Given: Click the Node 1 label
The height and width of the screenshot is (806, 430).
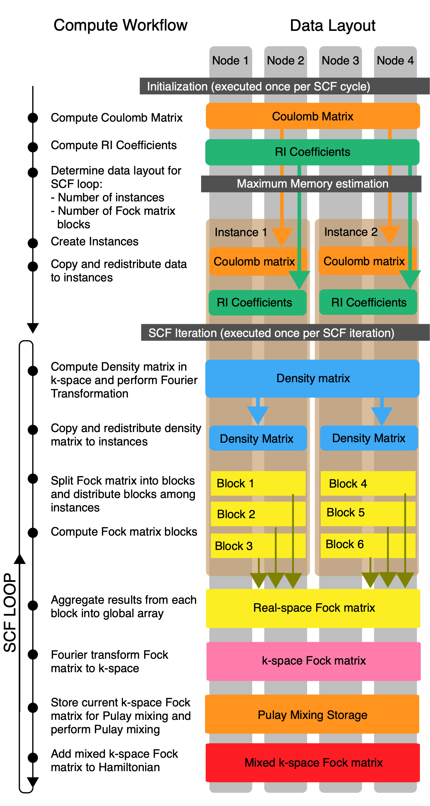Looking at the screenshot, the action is (x=230, y=60).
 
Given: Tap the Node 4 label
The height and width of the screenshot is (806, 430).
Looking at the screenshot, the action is (x=395, y=60).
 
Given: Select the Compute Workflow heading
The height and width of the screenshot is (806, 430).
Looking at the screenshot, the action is (x=120, y=25).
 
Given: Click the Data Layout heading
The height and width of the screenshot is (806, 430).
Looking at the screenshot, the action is (x=333, y=25).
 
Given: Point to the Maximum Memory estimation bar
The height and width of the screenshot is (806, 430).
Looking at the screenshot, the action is (x=311, y=184).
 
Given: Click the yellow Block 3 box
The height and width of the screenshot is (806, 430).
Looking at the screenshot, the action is (x=258, y=546).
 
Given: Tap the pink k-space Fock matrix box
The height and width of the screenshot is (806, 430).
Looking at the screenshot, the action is (x=313, y=661).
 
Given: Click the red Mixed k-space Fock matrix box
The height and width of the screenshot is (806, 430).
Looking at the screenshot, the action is (x=313, y=763).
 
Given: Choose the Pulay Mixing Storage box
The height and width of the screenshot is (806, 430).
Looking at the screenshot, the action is (x=312, y=715).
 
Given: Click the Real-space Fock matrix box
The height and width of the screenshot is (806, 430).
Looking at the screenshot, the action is (x=313, y=608).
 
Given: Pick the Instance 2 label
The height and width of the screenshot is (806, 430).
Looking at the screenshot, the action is (x=351, y=232).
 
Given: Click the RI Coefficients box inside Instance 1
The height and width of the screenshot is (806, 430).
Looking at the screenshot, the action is (x=258, y=302).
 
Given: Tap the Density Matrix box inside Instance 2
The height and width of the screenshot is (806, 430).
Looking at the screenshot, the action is (x=369, y=438).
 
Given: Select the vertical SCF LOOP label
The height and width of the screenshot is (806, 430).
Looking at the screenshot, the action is (x=10, y=612).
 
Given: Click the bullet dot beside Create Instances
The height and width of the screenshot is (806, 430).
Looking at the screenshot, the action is (x=33, y=243).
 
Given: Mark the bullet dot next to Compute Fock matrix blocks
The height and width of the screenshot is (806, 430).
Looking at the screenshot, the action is (x=33, y=533).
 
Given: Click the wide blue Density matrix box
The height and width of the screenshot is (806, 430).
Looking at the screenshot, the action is (x=312, y=379).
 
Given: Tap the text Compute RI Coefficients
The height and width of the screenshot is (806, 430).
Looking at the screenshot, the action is (x=114, y=145).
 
